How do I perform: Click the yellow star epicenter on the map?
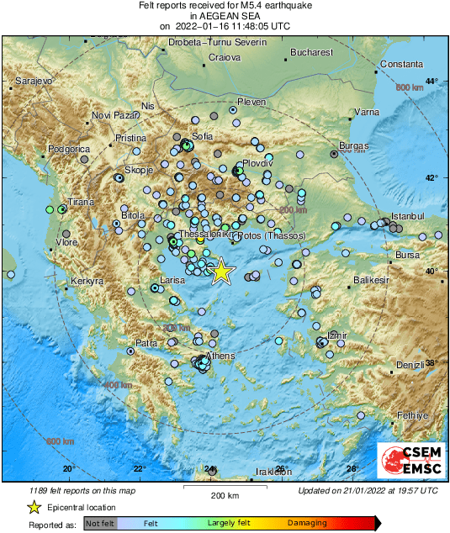tap(221, 272)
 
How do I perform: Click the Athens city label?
tap(220, 356)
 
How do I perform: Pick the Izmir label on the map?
tap(336, 335)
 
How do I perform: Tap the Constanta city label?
tap(401, 64)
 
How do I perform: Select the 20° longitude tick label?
tap(68, 469)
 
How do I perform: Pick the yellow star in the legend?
tap(34, 507)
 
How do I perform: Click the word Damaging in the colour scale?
tap(308, 523)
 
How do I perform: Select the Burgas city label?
tap(353, 145)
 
